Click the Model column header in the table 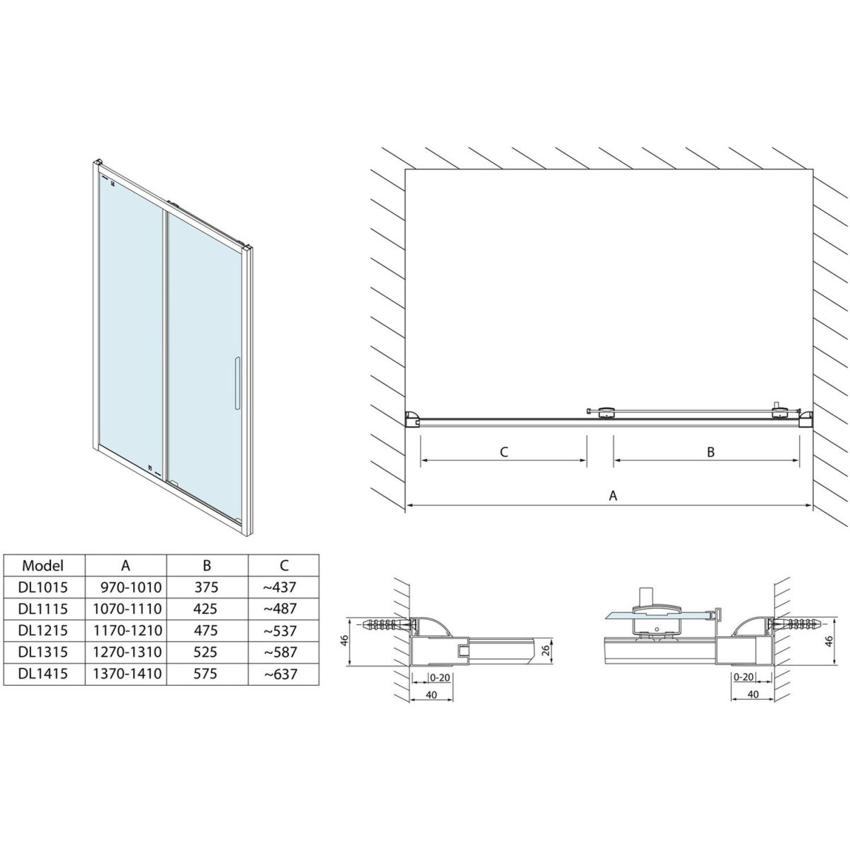(42, 565)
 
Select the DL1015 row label (43, 587)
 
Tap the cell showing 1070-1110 (127, 608)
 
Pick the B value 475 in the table (205, 630)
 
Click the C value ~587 (280, 652)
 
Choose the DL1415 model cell (43, 674)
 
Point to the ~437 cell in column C (280, 587)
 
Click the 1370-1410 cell (127, 674)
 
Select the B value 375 (206, 587)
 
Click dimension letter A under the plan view (613, 496)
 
